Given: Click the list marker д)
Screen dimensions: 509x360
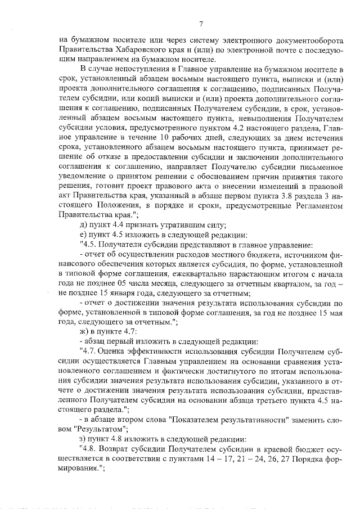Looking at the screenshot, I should pos(85,224).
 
